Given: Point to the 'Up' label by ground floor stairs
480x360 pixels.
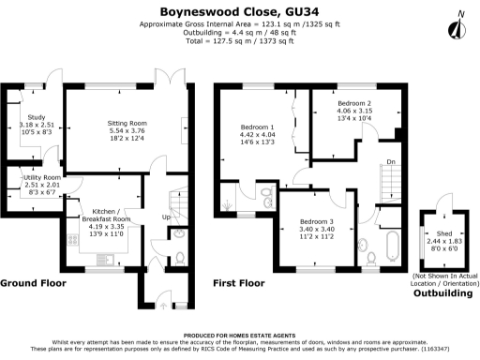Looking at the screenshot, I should (167, 217).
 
